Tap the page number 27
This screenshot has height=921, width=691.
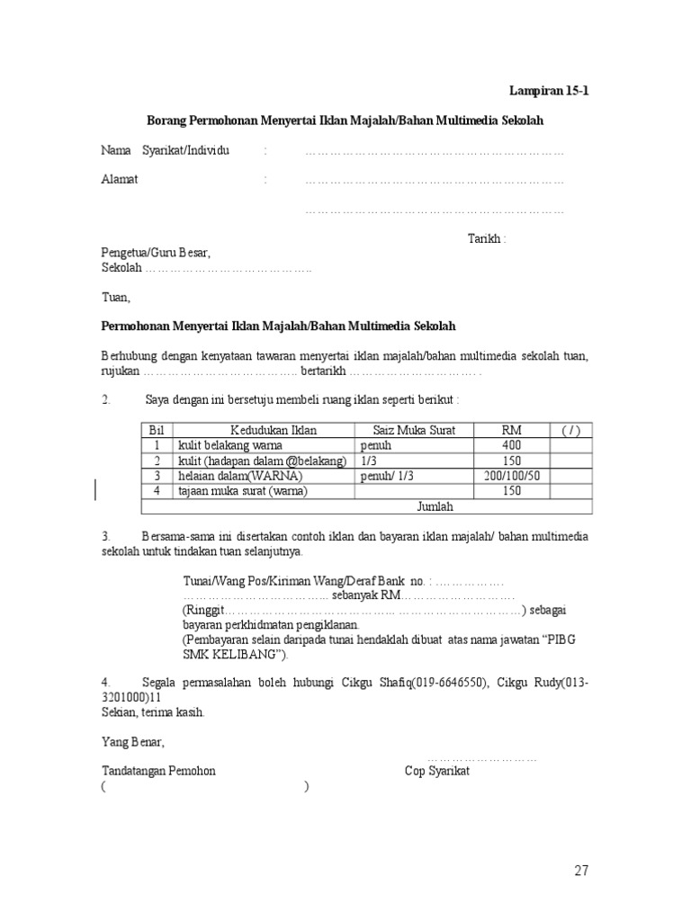pos(581,871)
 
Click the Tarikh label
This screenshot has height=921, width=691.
pos(487,238)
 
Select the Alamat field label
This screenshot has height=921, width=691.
pos(120,180)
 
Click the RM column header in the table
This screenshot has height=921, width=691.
pos(512,430)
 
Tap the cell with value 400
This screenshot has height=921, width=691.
pos(512,445)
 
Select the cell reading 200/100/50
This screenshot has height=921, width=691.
pos(512,476)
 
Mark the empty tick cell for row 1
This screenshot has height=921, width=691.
pos(571,445)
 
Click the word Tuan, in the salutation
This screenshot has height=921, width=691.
pos(116,297)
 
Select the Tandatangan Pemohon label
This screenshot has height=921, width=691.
pos(158,772)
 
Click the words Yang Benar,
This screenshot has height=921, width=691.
pos(133,742)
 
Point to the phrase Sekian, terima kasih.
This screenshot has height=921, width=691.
pos(153,712)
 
